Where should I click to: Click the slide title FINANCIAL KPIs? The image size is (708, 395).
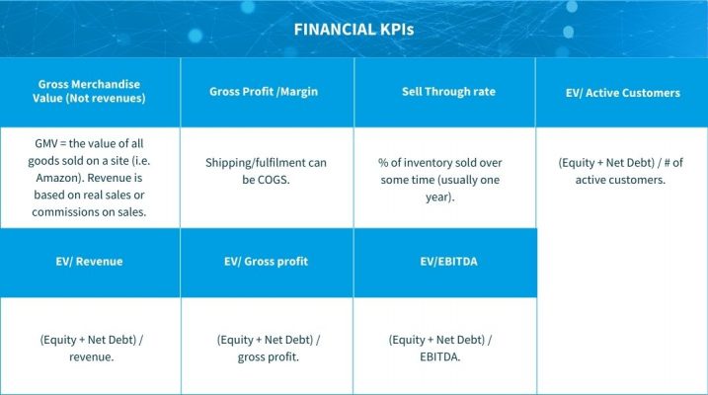[x=354, y=30]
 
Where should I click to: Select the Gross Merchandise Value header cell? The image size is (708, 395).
[x=90, y=92]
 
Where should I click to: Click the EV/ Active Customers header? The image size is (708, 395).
[x=621, y=93]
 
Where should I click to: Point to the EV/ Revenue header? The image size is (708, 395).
[x=90, y=262]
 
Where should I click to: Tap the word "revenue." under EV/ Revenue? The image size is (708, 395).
[x=90, y=357]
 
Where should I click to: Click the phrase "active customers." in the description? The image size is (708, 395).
[x=621, y=180]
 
